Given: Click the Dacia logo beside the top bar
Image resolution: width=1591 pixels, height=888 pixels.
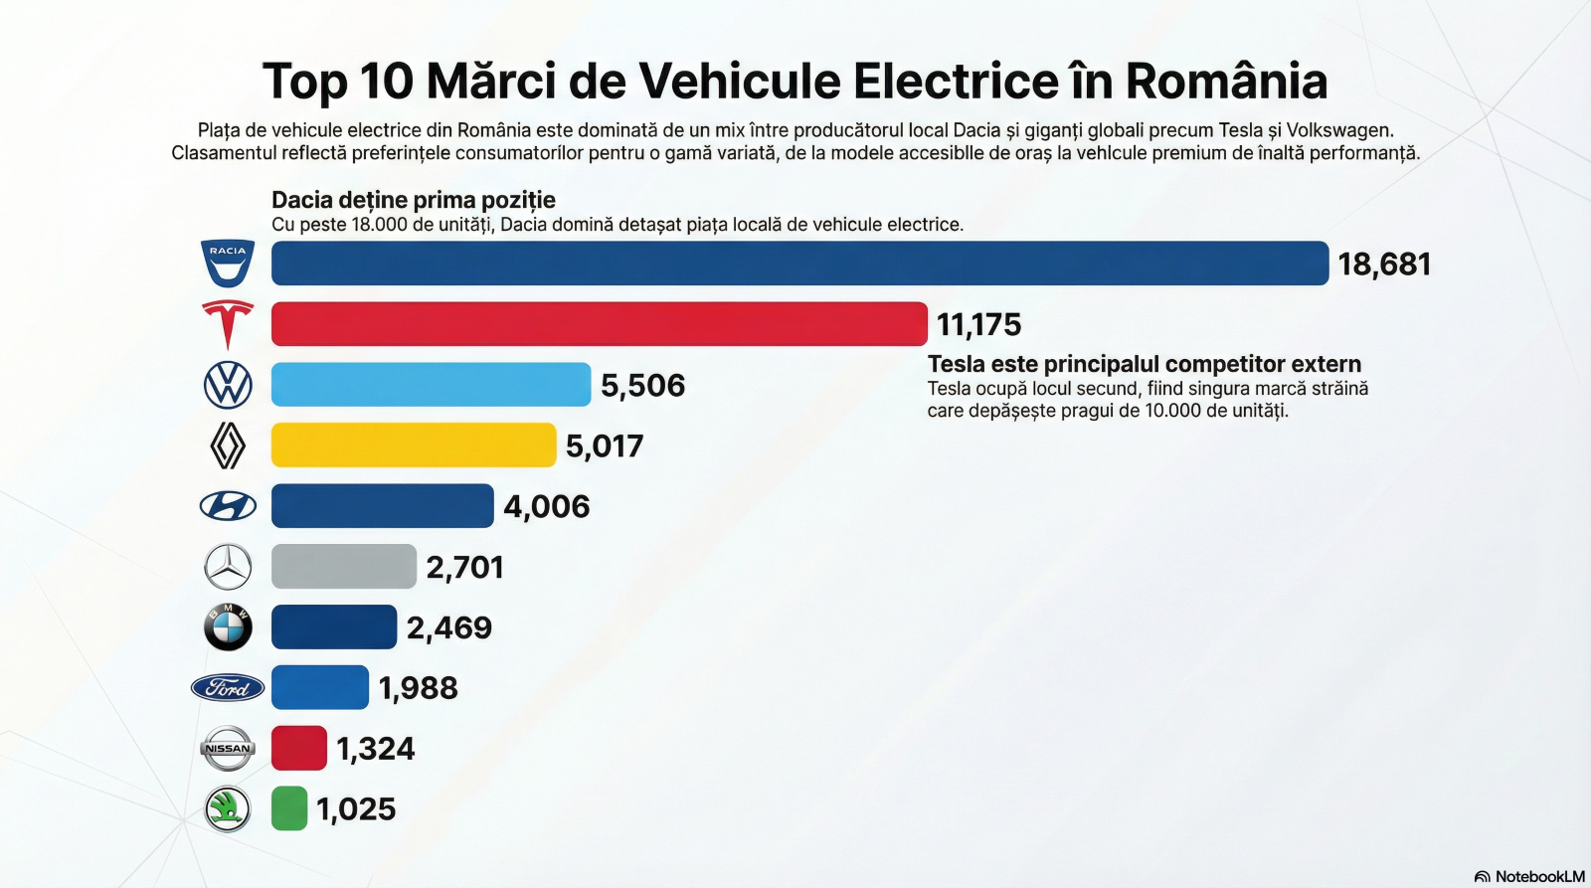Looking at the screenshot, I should [228, 264].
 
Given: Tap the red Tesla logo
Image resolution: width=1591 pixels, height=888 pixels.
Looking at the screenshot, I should [228, 324].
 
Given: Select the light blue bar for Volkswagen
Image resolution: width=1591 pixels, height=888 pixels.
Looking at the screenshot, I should [431, 385].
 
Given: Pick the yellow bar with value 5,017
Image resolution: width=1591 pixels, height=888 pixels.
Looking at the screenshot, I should [414, 445].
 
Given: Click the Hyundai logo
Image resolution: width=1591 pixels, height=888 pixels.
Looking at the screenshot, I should [228, 506].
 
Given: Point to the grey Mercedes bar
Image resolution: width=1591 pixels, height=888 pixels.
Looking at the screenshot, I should [343, 567].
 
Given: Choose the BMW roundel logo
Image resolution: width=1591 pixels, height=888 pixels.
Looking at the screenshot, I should [228, 627].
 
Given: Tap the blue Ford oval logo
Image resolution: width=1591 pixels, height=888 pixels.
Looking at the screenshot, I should [228, 688].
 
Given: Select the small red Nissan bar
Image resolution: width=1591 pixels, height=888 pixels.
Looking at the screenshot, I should [299, 749].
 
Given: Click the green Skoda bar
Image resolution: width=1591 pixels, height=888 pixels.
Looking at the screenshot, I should [289, 808].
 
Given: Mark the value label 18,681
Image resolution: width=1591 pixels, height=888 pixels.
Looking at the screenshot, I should [1384, 265].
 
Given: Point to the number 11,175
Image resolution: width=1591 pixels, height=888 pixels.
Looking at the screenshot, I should [978, 325].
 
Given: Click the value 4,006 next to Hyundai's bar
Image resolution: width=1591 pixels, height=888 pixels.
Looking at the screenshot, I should [547, 507].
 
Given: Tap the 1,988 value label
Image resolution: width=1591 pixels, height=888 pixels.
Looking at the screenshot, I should [419, 688].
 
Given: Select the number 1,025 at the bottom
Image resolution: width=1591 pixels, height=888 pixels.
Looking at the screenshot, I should [356, 809].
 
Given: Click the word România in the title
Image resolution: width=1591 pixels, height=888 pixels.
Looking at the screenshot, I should [1226, 82].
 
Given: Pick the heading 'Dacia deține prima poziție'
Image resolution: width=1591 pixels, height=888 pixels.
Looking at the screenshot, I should [414, 200].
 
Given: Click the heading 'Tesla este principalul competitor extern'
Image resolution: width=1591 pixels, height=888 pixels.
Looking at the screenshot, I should [1145, 364].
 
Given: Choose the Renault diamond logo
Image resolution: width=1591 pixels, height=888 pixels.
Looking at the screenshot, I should [228, 445].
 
